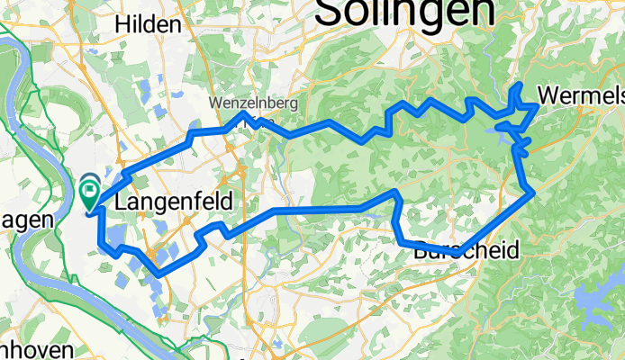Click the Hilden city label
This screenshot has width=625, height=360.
[x=147, y=24]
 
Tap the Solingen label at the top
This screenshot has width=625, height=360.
[x=405, y=11]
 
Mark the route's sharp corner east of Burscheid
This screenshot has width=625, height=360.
[x=534, y=191]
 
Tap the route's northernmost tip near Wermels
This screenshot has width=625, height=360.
[x=521, y=85]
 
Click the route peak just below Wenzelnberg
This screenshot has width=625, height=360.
[x=243, y=114]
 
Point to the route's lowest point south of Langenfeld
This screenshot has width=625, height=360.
[x=160, y=272]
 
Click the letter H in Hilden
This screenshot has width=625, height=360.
[x=121, y=24]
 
